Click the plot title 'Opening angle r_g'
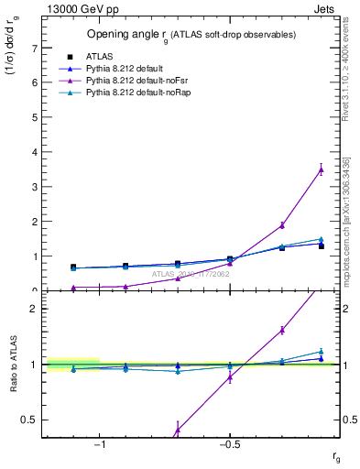pyautogui.click(x=191, y=34)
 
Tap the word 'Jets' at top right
pyautogui.click(x=328, y=7)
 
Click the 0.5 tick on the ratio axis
pyautogui.click(x=29, y=420)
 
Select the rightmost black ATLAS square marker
pyautogui.click(x=322, y=246)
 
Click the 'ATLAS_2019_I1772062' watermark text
pyautogui.click(x=191, y=273)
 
